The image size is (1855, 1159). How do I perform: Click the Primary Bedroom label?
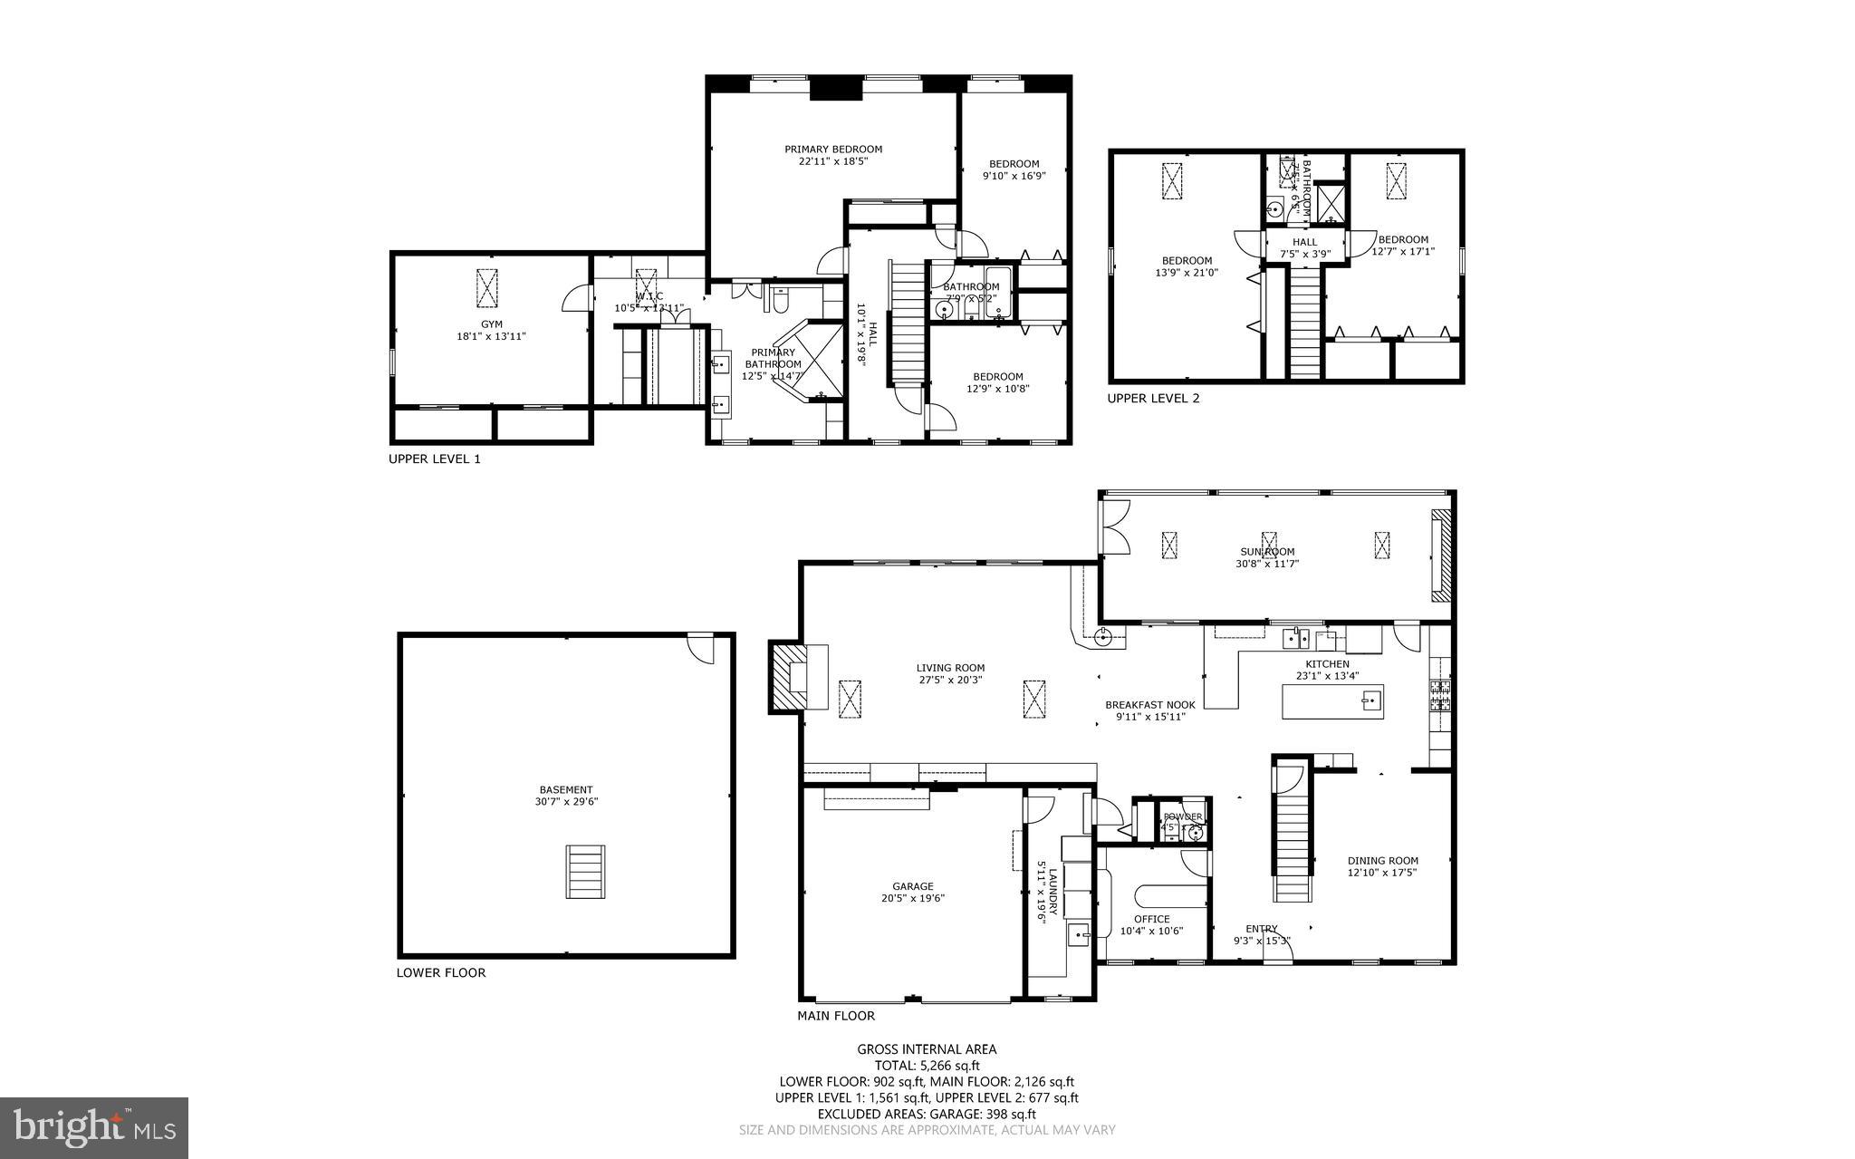point(832,150)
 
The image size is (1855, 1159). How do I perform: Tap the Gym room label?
point(491,324)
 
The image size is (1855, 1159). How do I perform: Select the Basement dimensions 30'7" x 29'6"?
point(566,802)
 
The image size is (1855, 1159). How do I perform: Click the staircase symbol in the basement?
point(585,871)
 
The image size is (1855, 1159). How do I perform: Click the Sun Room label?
point(1266,552)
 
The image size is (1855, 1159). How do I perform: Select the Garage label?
point(912,886)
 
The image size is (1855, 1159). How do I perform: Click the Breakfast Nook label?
point(1149,705)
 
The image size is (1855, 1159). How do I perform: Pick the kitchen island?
point(1332,701)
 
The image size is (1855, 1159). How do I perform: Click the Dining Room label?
point(1382,861)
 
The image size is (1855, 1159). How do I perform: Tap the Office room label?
point(1151,919)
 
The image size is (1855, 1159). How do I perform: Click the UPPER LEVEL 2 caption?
point(1153,398)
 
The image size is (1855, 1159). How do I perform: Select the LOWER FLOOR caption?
point(440,972)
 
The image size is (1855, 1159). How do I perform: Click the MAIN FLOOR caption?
point(835,1016)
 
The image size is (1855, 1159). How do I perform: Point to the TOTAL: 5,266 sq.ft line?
point(927,1066)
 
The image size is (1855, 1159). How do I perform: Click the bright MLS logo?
point(93,1127)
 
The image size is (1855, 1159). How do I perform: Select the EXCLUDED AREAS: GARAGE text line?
point(927,1114)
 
